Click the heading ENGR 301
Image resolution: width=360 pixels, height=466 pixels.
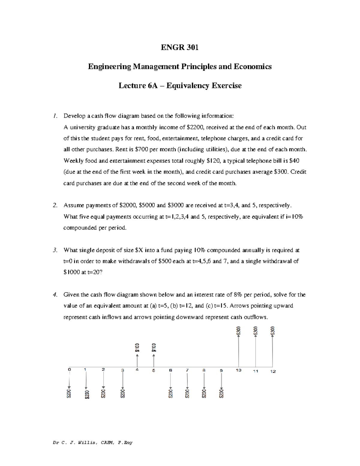(180, 47)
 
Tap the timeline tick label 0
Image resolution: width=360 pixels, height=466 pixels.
(69, 369)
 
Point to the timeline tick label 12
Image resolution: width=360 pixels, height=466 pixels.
(273, 371)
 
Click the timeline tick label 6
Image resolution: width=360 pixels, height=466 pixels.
(170, 371)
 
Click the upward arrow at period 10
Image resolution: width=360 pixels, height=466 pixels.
(238, 351)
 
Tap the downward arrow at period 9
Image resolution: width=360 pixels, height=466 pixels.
(221, 381)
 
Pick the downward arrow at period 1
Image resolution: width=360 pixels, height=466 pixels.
(86, 381)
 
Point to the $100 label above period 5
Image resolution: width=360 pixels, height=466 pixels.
(154, 347)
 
